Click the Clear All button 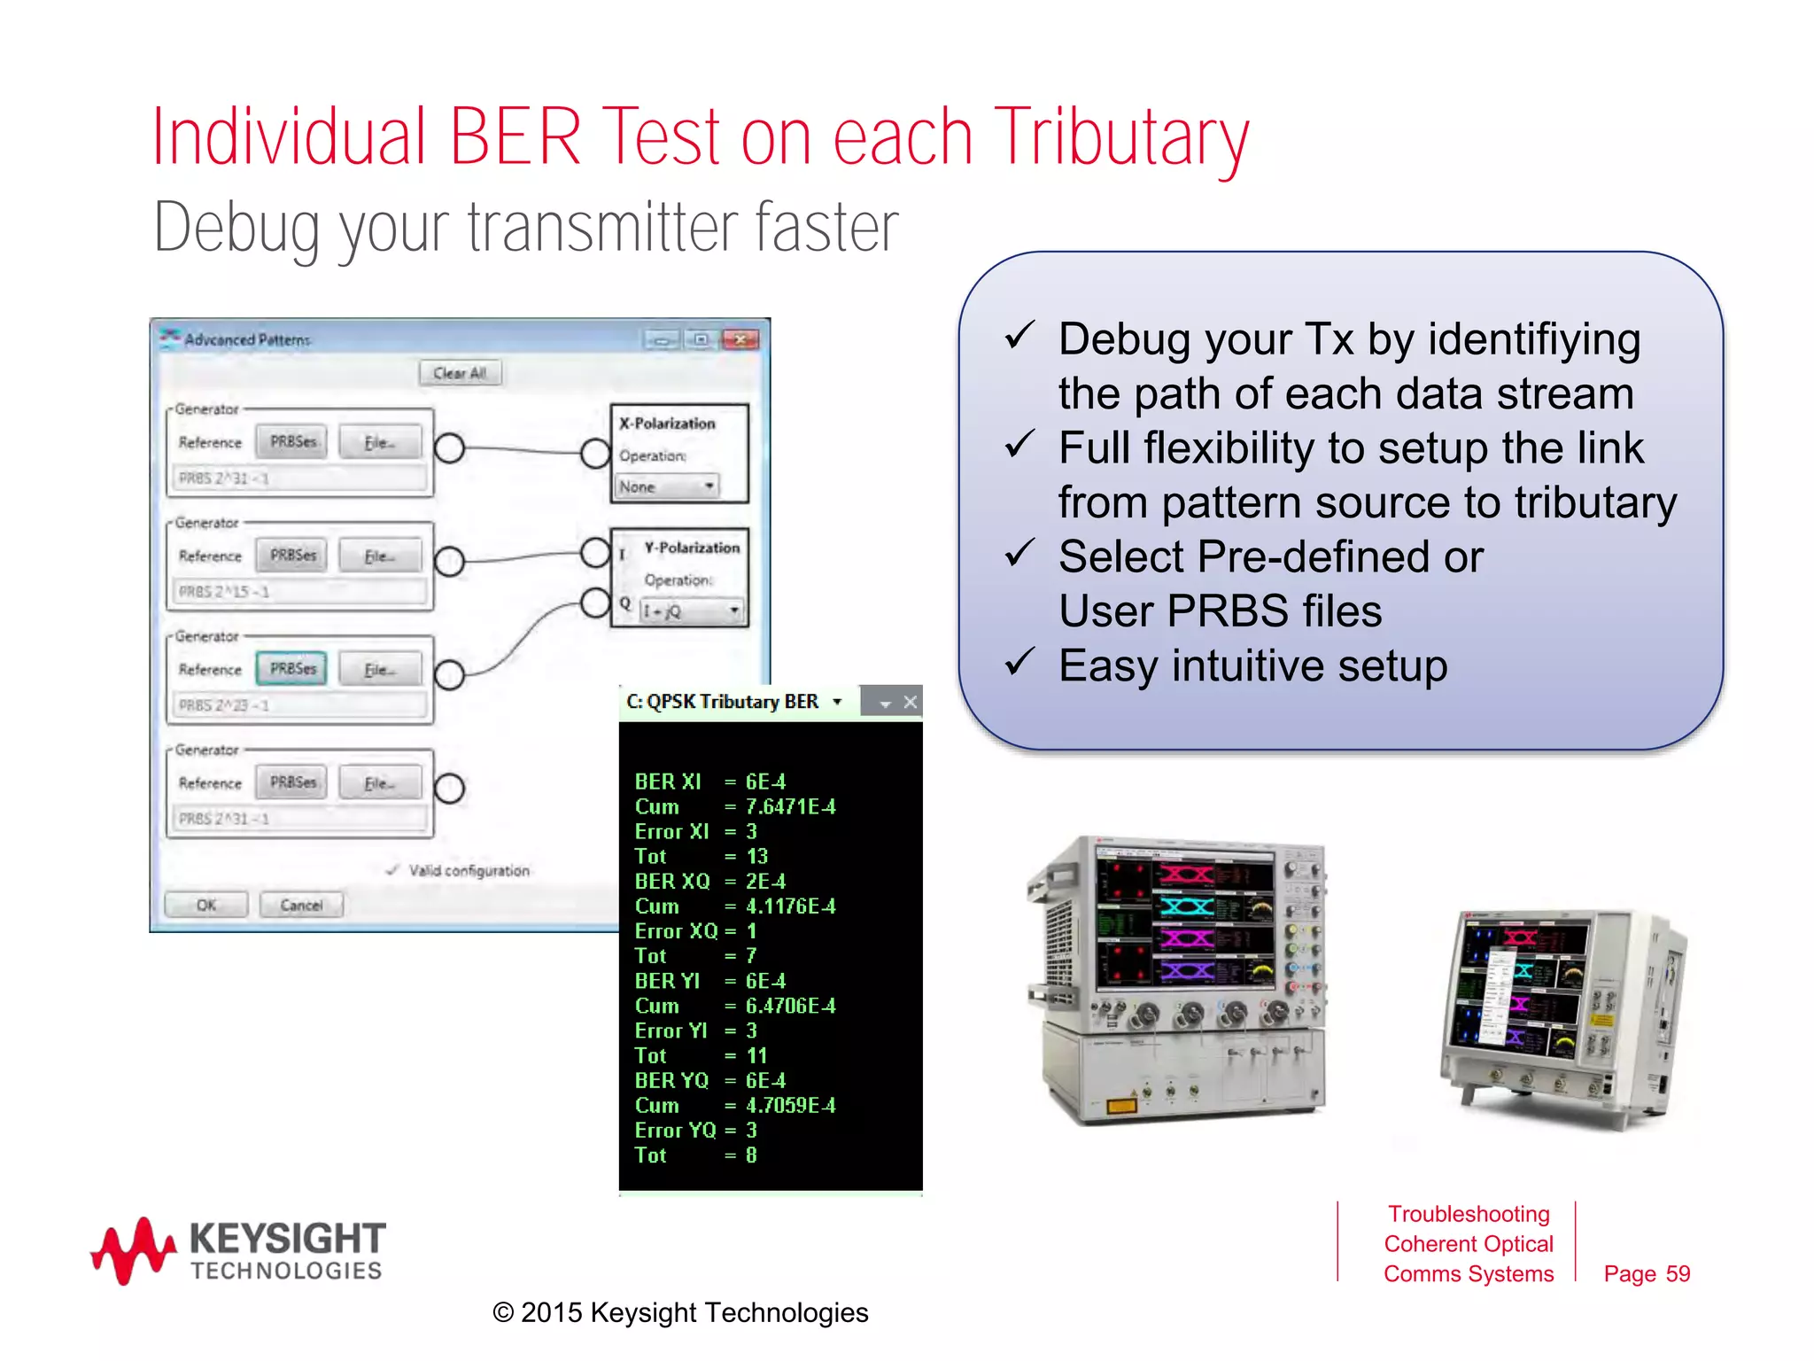point(460,373)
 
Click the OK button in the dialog point(205,905)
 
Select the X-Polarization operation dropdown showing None point(667,486)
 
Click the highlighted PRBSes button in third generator point(292,669)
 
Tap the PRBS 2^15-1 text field point(299,591)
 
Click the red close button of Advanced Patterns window point(740,339)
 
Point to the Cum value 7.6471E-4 point(790,807)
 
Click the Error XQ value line point(696,931)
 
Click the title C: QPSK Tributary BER point(723,702)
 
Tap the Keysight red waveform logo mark point(133,1249)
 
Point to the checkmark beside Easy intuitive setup point(1019,662)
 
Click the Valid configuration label point(469,871)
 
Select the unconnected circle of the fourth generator point(449,789)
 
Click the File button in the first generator point(379,442)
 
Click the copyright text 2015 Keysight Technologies point(680,1312)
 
